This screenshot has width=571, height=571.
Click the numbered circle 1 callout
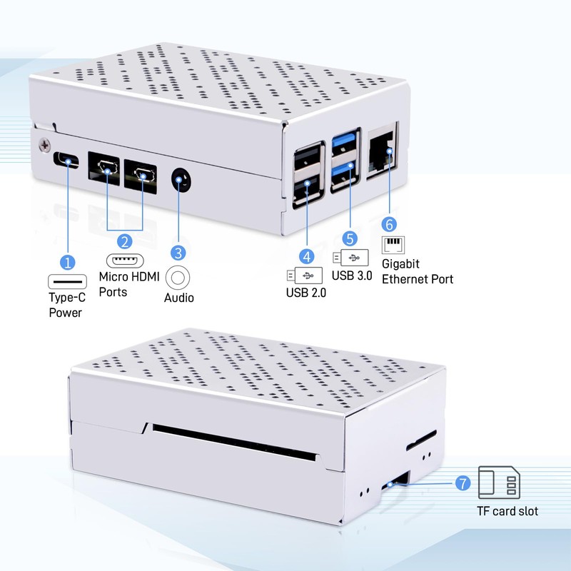tap(68, 262)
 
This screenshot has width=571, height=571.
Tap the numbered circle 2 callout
tap(124, 242)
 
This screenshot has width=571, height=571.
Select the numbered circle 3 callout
tap(178, 252)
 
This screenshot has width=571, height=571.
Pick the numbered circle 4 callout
tap(306, 255)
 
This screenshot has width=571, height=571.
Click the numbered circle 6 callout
tap(389, 223)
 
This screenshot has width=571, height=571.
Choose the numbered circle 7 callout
tap(462, 483)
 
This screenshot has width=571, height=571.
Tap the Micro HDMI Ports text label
tap(128, 284)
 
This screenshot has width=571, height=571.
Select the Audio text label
tap(179, 298)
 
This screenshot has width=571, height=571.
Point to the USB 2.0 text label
tap(306, 291)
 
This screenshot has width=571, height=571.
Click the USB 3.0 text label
tap(351, 275)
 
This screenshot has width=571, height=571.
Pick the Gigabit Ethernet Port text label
tap(417, 271)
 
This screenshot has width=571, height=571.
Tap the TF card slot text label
tap(507, 510)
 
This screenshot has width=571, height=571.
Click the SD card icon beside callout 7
tap(499, 483)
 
